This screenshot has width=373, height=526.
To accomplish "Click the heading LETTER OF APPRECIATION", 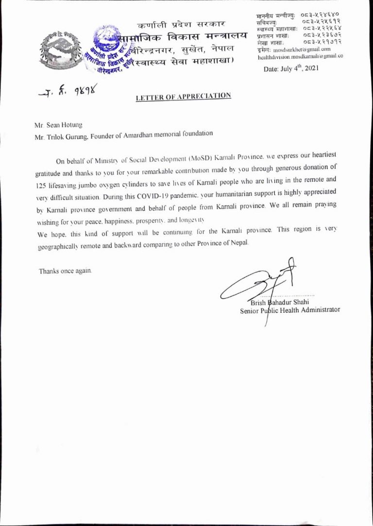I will (x=183, y=97).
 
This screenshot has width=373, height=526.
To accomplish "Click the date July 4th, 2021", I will (x=290, y=69).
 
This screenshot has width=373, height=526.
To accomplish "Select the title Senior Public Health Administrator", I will (x=290, y=310).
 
